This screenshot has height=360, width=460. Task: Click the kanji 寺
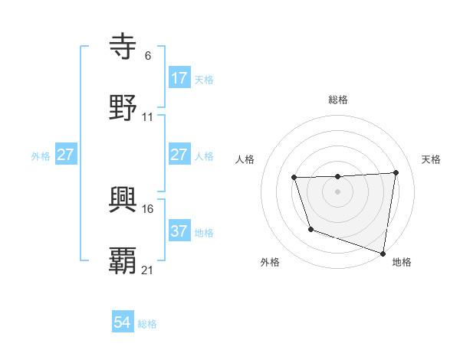pos(124,48)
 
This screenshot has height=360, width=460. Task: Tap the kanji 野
pos(124,108)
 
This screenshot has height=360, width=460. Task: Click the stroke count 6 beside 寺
pos(148,55)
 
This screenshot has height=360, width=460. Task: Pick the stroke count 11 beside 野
pos(148,116)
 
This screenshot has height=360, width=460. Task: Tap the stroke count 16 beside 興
pos(148,208)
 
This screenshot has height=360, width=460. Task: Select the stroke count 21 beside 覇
pos(148,270)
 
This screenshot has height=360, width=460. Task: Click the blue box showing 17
pos(179,78)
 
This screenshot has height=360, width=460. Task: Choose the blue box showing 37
pos(179,231)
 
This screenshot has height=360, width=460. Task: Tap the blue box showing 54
pos(123,322)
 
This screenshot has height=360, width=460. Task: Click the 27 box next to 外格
pos(66,155)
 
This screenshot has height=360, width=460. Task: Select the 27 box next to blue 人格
pos(179,155)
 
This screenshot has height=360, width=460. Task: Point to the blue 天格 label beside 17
pos(204,80)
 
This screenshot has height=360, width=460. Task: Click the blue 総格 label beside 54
pos(147,324)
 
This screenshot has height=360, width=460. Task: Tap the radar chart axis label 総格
pos(338,100)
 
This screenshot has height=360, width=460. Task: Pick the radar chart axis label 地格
pos(402,262)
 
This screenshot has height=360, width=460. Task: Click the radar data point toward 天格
pos(396,173)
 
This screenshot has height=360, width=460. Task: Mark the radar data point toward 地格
pos(383,253)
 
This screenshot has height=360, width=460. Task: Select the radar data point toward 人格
pos(294,178)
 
